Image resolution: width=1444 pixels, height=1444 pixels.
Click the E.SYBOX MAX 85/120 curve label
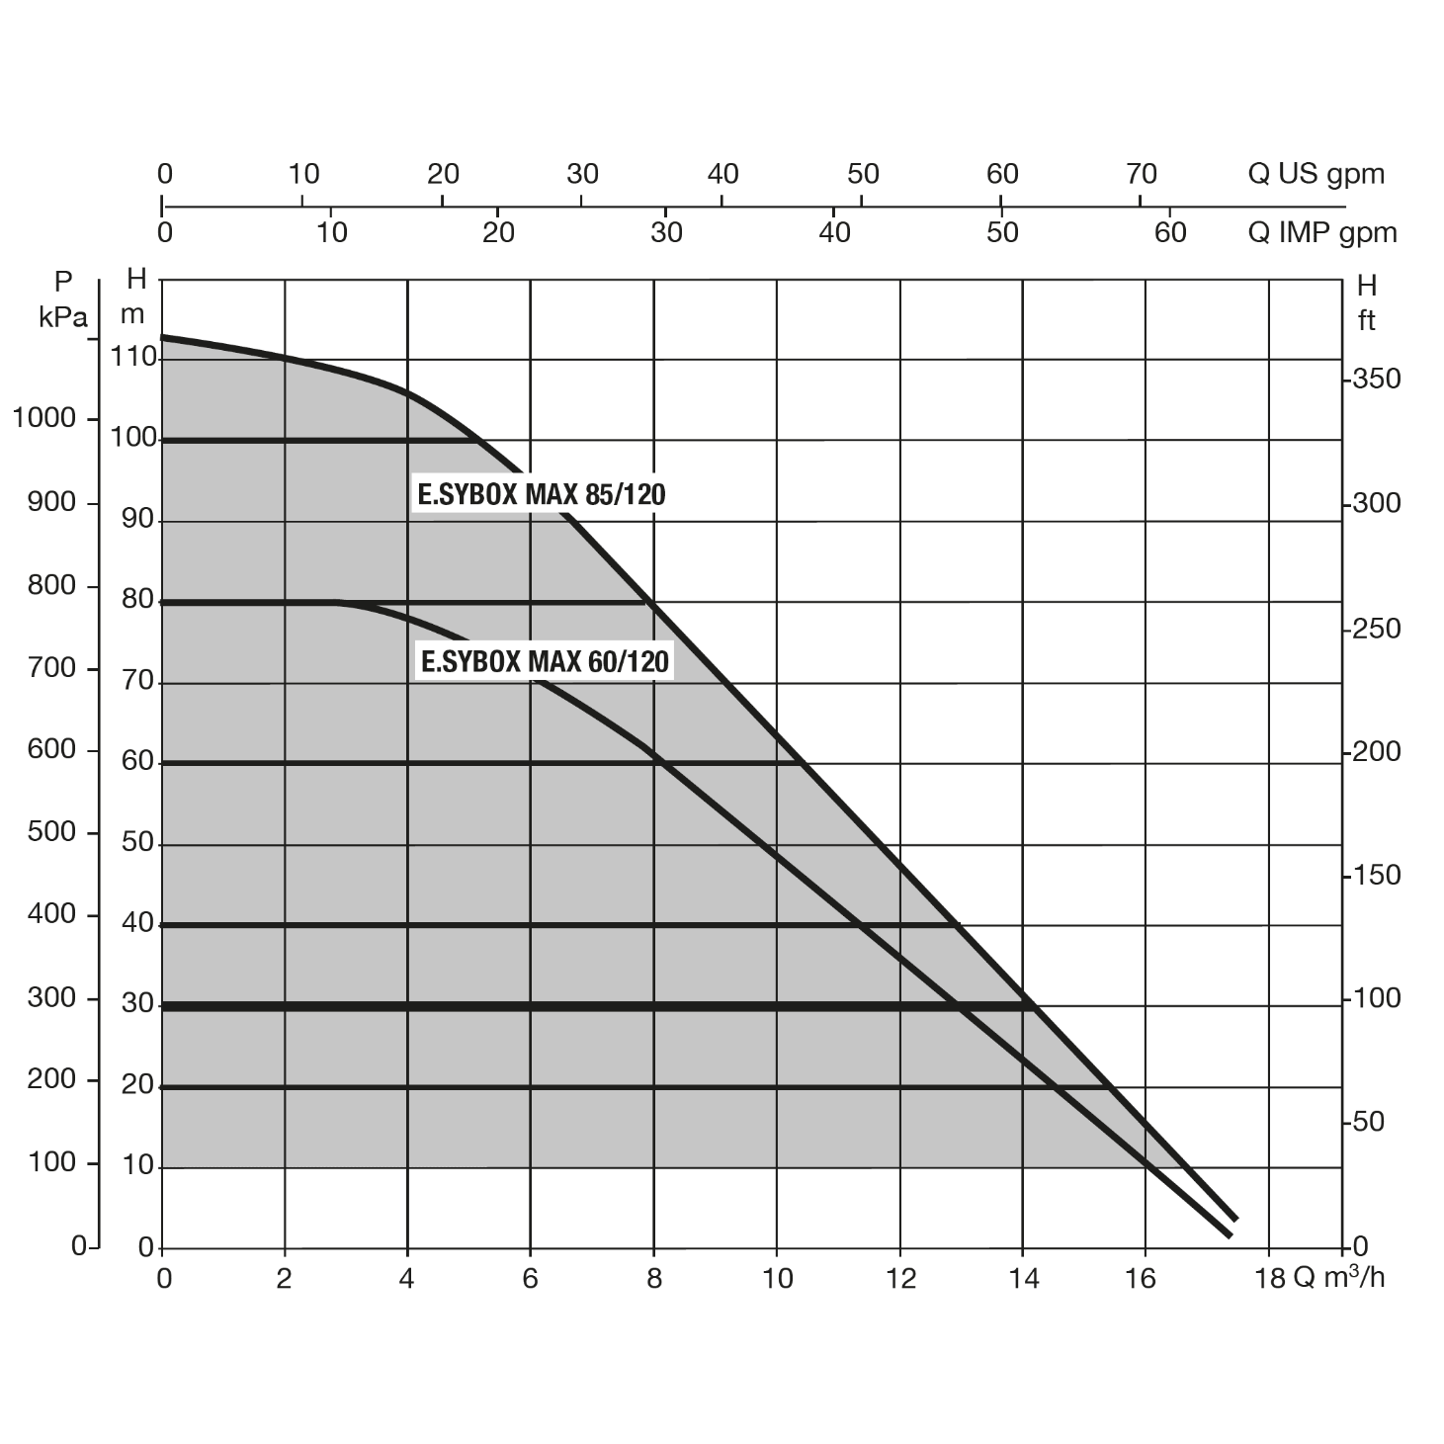point(542,494)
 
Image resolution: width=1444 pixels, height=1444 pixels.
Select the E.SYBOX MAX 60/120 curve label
point(545,661)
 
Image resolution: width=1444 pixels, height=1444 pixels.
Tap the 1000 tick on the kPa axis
point(43,418)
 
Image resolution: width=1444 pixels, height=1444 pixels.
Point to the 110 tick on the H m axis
point(135,357)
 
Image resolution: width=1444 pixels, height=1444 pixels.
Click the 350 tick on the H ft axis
point(1377,379)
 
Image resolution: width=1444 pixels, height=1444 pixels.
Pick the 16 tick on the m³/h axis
point(1141,1279)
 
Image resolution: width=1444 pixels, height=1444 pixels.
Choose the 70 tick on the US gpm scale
point(1142,174)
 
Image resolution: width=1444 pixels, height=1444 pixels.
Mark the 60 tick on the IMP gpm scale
point(1170,233)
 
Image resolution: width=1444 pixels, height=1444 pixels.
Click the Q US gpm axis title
point(1316,174)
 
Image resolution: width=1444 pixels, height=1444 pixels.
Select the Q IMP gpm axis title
point(1322,233)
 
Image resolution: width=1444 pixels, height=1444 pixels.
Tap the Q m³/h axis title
point(1339,1277)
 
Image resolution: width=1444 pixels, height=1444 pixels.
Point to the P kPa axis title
point(63,299)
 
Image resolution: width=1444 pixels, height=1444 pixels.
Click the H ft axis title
point(1367,302)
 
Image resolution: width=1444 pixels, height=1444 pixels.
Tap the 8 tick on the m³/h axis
point(654,1279)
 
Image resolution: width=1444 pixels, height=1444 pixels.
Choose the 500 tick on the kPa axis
point(52,831)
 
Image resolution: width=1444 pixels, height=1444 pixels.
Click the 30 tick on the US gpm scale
point(583,174)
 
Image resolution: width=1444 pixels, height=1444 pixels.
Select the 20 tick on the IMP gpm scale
point(499,233)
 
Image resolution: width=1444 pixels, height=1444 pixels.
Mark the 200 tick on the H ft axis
point(1377,752)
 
